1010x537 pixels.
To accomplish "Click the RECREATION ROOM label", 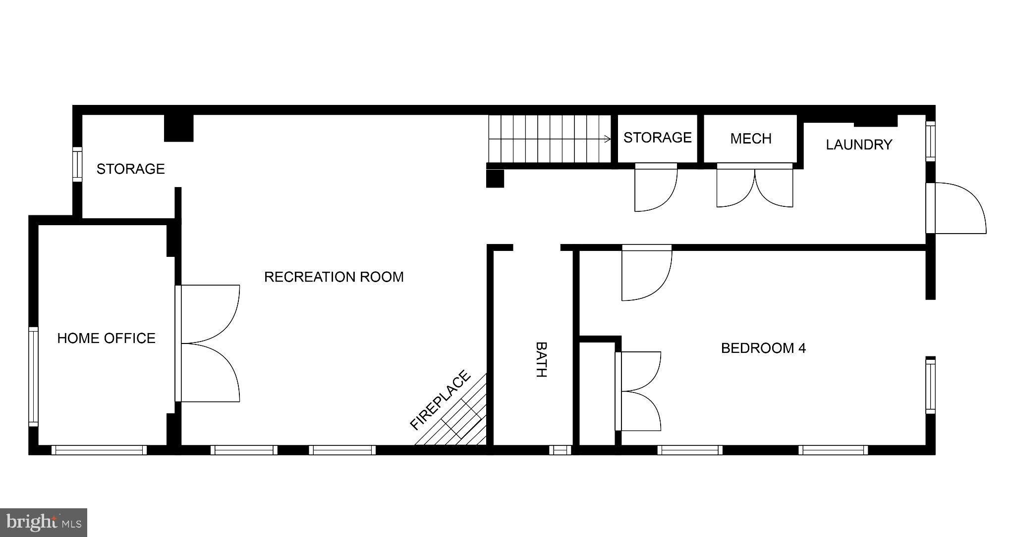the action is (334, 277).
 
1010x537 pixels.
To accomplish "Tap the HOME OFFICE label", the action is (106, 338).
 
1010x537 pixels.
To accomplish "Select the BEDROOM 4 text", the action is (763, 348).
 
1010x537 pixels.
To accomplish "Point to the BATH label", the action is (541, 359).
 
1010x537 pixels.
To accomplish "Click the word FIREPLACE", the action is (440, 400).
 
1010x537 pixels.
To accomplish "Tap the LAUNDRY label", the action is (859, 145).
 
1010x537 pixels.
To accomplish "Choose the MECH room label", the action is (751, 139).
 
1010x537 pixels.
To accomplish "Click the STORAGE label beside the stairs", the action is (657, 138).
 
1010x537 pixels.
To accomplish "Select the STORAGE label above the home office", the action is (130, 169).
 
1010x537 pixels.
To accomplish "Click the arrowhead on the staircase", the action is (609, 139).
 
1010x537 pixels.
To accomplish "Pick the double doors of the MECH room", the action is (755, 186).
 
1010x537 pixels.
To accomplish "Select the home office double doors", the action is (208, 343).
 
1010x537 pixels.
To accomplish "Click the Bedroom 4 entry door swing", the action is (647, 273).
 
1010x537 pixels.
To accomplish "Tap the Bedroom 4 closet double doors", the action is (638, 391).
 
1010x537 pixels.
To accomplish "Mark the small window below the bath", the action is (560, 450).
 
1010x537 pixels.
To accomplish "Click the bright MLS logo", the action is (44, 523).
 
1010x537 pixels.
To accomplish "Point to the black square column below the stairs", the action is (495, 179).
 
